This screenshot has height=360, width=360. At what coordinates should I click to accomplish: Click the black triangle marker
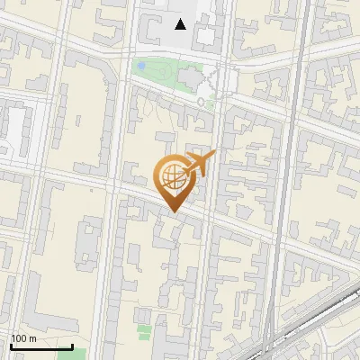181,24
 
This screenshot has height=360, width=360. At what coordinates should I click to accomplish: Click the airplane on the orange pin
199,164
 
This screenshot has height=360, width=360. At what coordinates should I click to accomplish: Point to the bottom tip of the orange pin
172,212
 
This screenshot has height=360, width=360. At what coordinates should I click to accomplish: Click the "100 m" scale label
23,338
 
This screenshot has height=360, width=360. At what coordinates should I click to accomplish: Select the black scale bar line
41,346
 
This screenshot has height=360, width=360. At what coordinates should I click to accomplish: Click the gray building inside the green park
190,79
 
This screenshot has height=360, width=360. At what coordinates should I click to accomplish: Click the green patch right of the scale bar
79,354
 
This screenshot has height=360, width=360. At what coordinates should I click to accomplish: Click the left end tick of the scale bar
11,346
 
